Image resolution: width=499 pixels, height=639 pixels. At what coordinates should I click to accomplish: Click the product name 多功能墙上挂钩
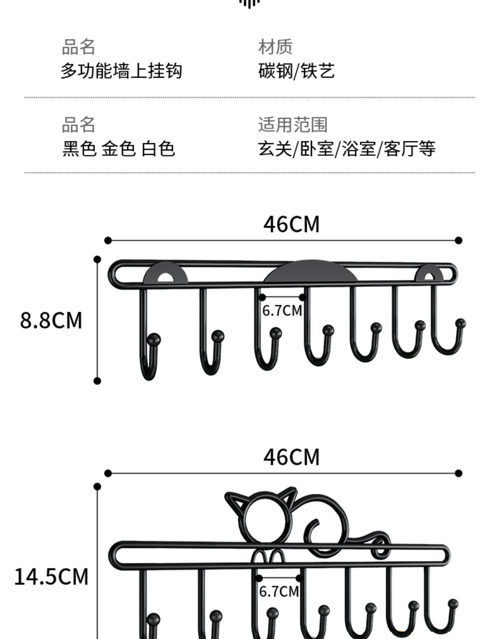[x=121, y=71]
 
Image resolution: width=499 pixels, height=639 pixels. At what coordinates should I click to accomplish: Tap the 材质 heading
[x=275, y=47]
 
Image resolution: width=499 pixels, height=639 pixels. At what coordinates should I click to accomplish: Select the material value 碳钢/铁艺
[x=296, y=71]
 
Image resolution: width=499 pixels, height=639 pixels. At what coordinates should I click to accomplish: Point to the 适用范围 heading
[x=293, y=124]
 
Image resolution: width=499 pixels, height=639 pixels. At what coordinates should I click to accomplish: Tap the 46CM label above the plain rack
[x=291, y=224]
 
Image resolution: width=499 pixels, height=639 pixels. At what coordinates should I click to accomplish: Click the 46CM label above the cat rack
[x=291, y=457]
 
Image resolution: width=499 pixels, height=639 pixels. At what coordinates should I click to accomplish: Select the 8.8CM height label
[x=51, y=320]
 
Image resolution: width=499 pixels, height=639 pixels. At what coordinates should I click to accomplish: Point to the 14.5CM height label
[x=51, y=577]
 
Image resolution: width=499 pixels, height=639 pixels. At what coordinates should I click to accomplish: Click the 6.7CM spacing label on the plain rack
[x=282, y=310]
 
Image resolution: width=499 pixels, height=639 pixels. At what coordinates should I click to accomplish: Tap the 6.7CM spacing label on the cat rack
[x=279, y=591]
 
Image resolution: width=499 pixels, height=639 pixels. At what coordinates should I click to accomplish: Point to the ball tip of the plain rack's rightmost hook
[x=460, y=323]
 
